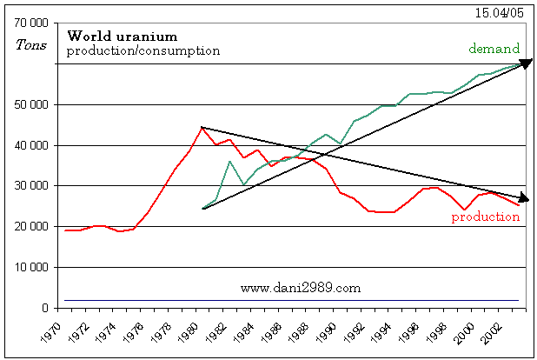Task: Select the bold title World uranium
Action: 123,37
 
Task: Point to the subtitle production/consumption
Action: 143,50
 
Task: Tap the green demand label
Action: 495,49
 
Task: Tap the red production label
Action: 485,217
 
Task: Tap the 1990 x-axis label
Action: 326,332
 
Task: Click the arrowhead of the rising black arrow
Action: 526,63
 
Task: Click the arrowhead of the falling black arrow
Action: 525,199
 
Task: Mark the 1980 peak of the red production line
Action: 202,127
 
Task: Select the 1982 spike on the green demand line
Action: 229,162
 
